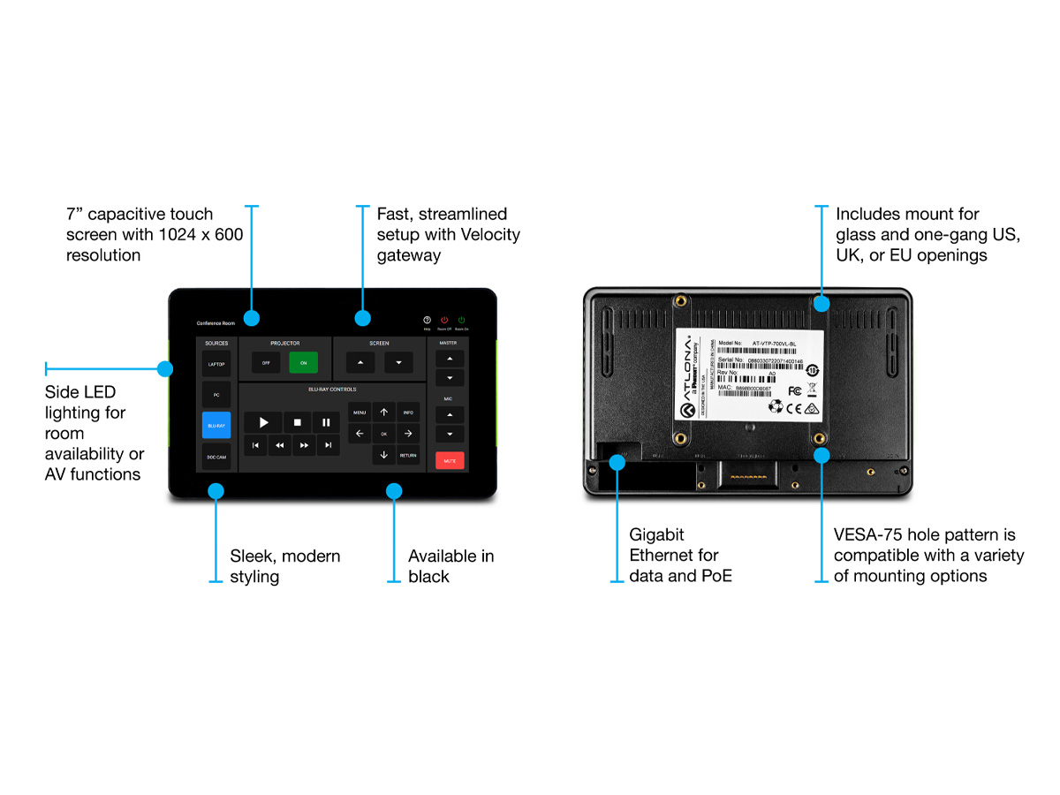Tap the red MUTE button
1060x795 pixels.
[x=449, y=460]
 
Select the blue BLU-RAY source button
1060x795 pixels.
[x=216, y=425]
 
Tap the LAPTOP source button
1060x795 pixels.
[x=216, y=363]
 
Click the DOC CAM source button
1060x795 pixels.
[x=216, y=457]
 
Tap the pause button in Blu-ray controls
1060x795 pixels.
[x=326, y=422]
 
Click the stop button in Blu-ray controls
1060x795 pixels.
[x=298, y=422]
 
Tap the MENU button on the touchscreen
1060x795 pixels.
[x=360, y=413]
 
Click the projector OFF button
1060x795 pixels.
[x=266, y=363]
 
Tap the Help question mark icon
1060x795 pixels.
[x=427, y=320]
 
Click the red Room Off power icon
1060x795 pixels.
[x=444, y=320]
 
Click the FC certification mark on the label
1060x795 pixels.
[x=794, y=390]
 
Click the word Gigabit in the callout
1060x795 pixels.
[x=656, y=534]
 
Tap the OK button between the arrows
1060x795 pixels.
[x=383, y=434]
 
